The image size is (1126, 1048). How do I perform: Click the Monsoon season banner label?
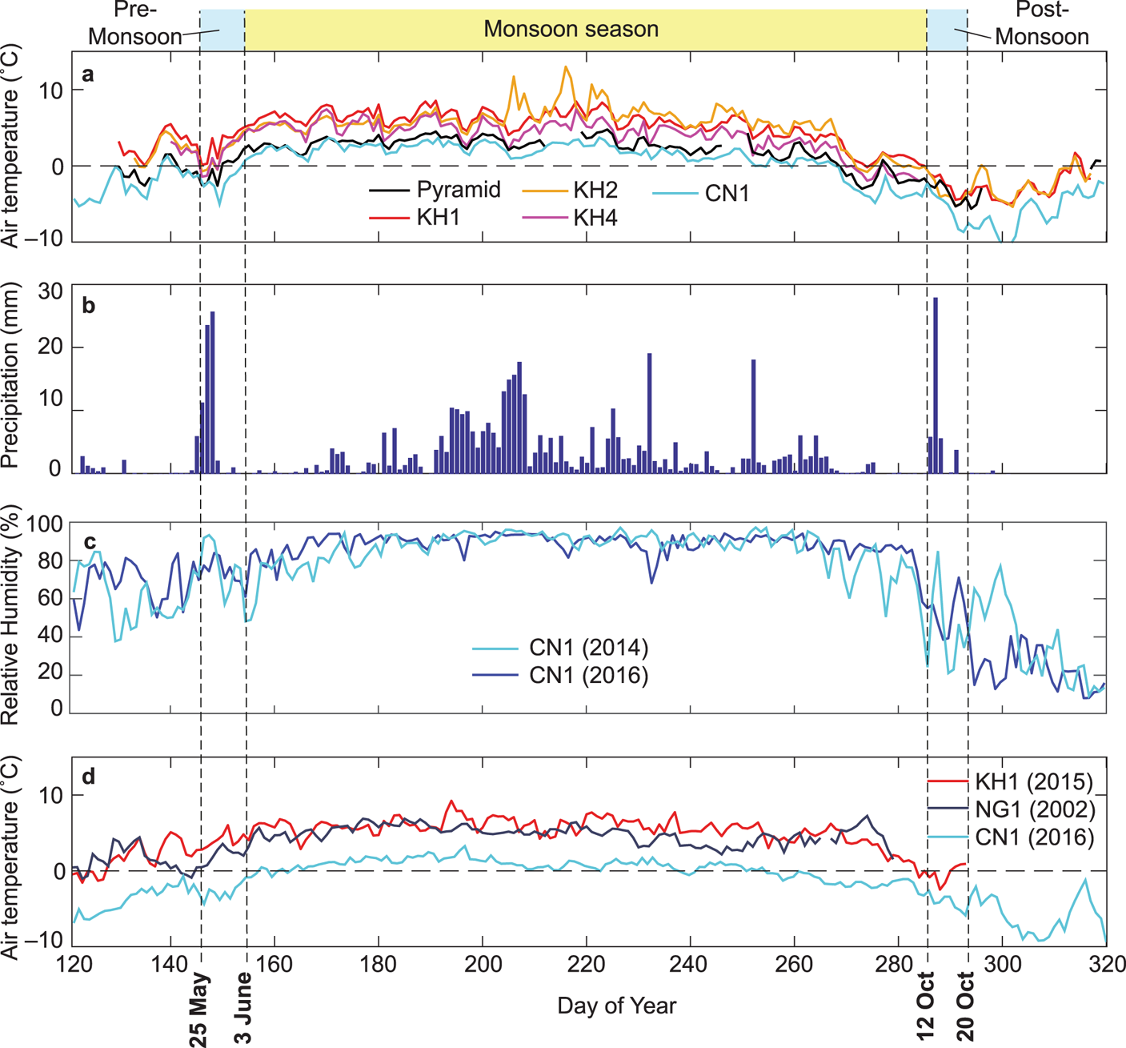pos(571,30)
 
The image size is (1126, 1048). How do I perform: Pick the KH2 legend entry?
pos(595,190)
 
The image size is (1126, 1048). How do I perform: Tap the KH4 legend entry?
pos(595,217)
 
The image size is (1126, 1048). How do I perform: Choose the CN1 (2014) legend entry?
pos(588,647)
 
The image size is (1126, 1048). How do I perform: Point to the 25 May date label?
pos(199,1009)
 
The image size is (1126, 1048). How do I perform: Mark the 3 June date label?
pos(243,1009)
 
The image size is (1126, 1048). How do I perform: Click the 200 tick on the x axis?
pos(482,963)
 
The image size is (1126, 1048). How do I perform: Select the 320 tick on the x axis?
pos(1105,963)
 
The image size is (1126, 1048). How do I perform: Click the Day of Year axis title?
pos(616,1006)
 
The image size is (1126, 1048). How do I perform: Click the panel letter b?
pos(89,307)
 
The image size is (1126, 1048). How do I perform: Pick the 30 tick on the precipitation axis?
pos(50,291)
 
